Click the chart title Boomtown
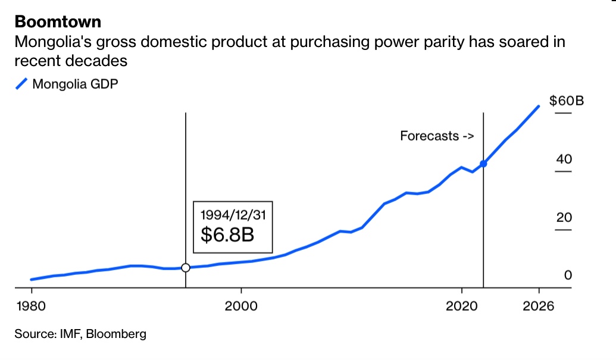(x=58, y=22)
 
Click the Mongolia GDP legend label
(x=75, y=84)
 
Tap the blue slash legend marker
(x=21, y=84)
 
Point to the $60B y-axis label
(x=566, y=101)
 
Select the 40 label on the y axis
(x=564, y=159)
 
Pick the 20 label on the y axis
(x=564, y=218)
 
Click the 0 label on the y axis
(x=568, y=276)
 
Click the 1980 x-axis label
(x=32, y=306)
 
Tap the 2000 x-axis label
(x=242, y=306)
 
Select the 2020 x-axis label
(x=461, y=306)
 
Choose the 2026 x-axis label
(x=539, y=306)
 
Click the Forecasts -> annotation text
(x=437, y=136)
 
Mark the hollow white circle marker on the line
(x=186, y=268)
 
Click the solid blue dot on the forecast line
(x=483, y=163)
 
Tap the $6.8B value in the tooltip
(x=227, y=234)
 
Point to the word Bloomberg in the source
(x=116, y=334)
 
